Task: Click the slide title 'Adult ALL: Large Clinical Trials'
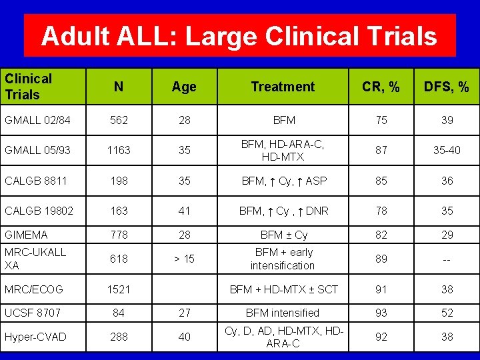239,36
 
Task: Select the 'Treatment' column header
283,87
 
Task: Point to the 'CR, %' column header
381,87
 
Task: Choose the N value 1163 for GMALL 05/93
118,150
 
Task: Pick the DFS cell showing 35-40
447,150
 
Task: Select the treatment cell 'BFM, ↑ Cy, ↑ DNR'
283,211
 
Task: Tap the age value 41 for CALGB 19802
184,211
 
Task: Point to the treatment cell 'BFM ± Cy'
283,235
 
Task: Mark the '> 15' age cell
184,259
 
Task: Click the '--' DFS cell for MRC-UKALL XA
447,259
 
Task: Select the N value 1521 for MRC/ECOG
118,289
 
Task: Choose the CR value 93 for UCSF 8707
381,313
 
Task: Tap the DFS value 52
447,313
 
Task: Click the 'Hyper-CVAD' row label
35,337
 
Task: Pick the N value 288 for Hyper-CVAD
118,337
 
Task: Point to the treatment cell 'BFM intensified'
283,313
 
